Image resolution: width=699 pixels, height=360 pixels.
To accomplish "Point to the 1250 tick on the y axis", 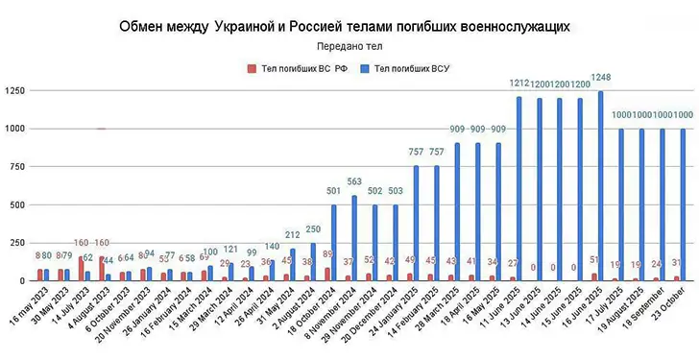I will [15, 90].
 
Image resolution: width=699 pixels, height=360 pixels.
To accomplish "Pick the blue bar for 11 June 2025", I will [519, 188].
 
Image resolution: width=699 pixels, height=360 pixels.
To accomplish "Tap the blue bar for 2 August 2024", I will [313, 261].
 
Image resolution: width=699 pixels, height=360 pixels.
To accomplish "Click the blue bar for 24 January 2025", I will [417, 223].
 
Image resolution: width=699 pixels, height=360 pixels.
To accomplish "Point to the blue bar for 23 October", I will [685, 204].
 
